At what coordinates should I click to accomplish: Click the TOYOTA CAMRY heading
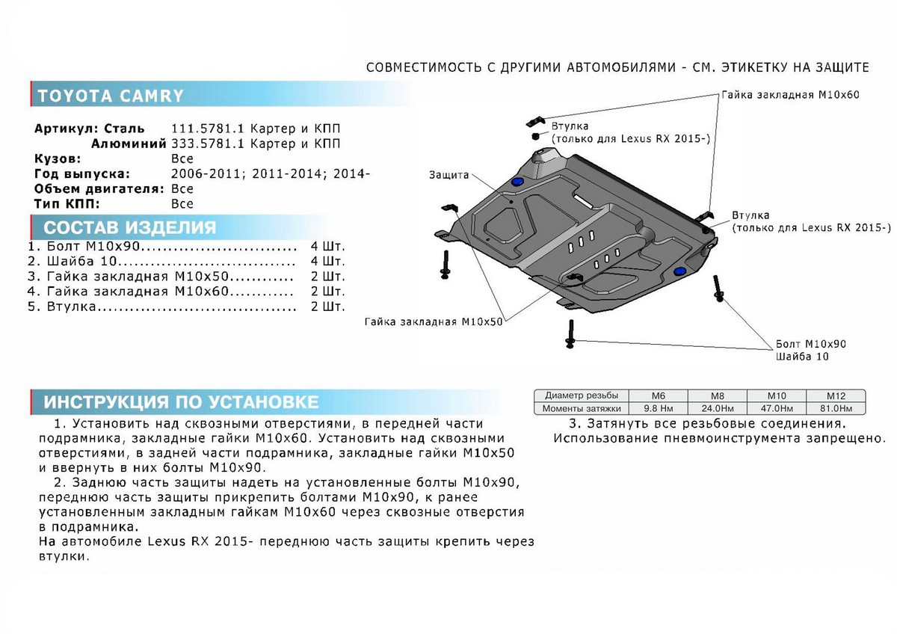click(110, 96)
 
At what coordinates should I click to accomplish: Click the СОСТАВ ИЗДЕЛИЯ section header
click(130, 228)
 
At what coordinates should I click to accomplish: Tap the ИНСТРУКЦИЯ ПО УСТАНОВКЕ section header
click(181, 402)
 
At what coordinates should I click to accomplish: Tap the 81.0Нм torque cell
click(835, 408)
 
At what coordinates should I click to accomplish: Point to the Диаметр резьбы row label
click(582, 396)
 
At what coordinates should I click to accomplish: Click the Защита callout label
click(449, 175)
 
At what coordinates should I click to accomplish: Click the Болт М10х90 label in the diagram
click(811, 344)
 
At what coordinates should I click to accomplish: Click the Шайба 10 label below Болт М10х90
click(801, 357)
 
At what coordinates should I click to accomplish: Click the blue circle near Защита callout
click(516, 184)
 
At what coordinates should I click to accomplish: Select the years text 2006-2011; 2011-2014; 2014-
click(271, 173)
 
